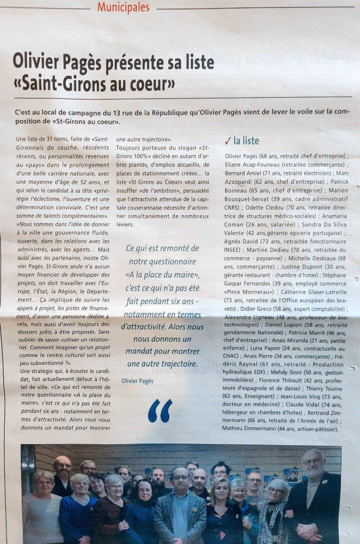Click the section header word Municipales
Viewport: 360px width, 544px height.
click(x=124, y=7)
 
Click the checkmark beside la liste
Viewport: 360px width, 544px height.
click(x=227, y=141)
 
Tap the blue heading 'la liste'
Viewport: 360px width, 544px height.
click(x=246, y=141)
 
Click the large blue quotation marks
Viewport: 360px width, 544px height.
click(x=160, y=411)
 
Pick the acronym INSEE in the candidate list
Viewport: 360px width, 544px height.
click(x=235, y=249)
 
